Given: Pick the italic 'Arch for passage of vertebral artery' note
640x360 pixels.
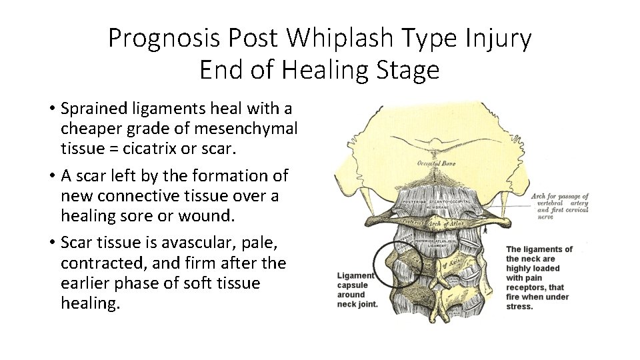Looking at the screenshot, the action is click(x=559, y=204).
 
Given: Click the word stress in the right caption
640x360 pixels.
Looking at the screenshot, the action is click(x=519, y=307).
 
